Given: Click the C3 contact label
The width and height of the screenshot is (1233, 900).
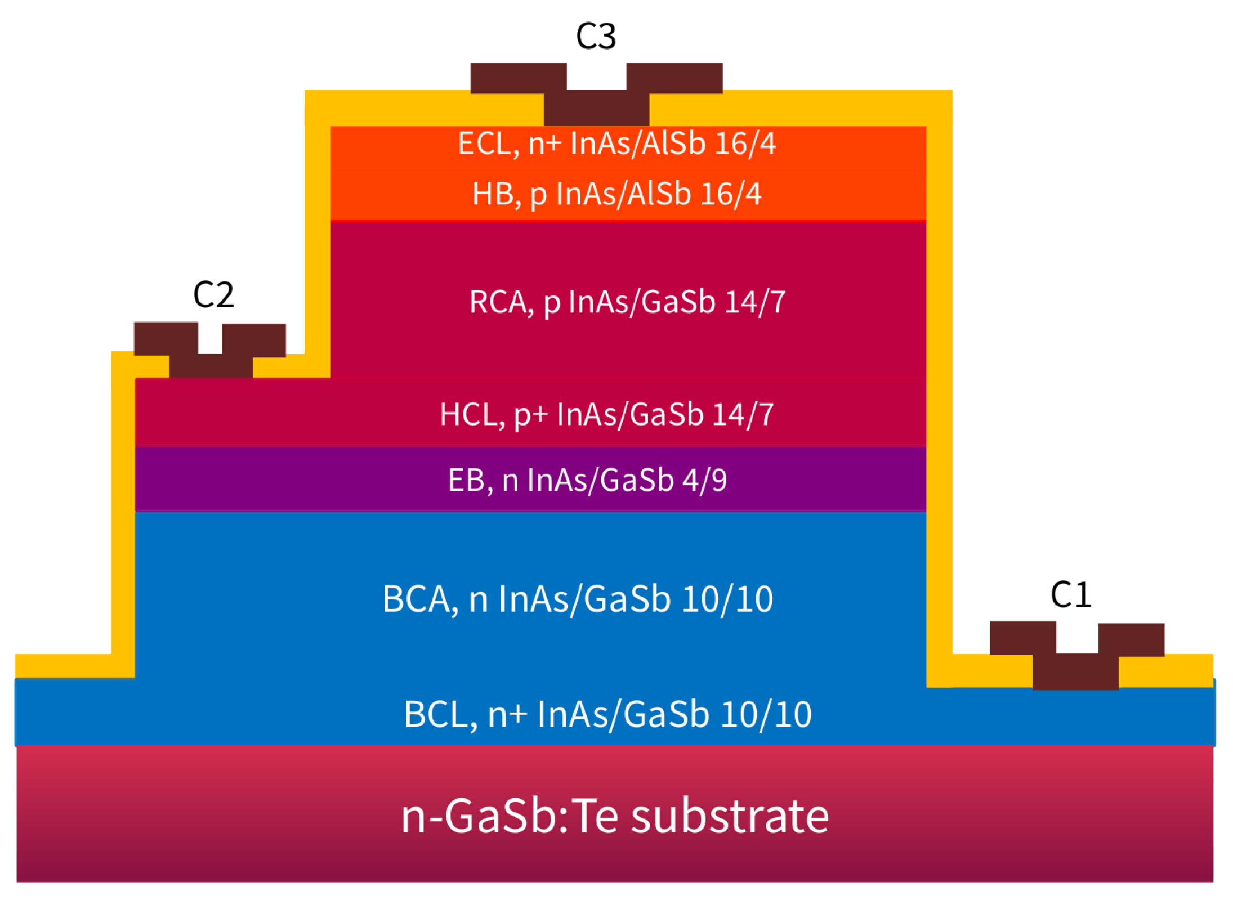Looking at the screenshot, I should tap(595, 37).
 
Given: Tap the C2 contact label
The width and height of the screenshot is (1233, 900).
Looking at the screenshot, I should tap(213, 294).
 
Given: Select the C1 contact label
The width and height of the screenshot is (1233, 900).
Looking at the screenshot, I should tap(1070, 594).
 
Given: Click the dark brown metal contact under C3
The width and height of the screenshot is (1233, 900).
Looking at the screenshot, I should tap(596, 107).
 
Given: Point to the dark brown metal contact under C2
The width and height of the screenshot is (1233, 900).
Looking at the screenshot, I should tap(211, 365).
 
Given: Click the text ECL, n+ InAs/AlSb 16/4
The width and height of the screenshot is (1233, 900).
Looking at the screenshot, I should tap(616, 143).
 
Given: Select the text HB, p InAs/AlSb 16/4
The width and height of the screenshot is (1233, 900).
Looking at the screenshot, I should tap(616, 194).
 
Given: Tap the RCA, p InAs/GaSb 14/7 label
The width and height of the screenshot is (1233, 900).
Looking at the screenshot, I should tap(627, 302).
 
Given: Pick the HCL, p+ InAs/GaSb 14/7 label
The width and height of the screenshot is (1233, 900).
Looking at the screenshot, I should tap(606, 414).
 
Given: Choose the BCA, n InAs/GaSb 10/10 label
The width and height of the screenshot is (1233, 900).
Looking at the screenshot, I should tap(577, 598).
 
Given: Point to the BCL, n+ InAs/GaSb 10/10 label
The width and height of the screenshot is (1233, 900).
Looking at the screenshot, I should tap(607, 714).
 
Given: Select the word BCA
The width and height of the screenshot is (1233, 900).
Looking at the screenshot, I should tap(416, 598).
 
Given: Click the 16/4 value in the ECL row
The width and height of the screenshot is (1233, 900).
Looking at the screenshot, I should tap(745, 143).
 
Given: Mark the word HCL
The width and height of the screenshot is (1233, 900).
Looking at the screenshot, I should tap(468, 414).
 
